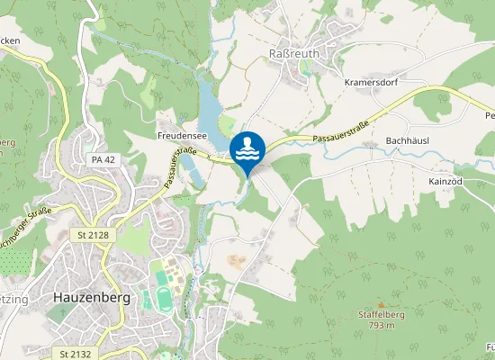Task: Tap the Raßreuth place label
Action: point(292,55)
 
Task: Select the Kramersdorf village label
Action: point(371,81)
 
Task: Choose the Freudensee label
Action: point(182,135)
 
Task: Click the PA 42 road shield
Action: point(104,159)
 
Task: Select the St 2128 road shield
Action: point(88,234)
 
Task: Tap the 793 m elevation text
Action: point(382,326)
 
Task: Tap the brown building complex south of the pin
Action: point(235,261)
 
